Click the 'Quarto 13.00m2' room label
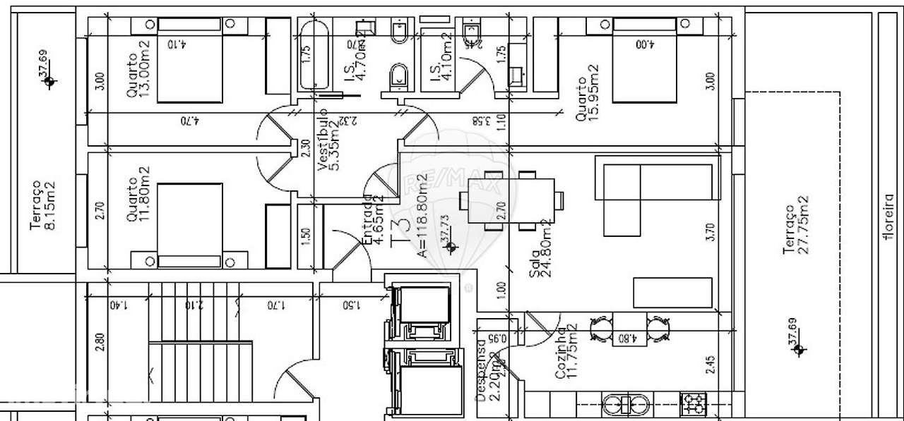click(138, 68)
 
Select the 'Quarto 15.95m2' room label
click(587, 92)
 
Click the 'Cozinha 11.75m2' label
click(567, 353)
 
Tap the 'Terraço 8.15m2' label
click(42, 205)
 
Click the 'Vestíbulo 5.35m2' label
click(328, 140)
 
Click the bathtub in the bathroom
click(313, 55)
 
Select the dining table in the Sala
click(511, 200)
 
